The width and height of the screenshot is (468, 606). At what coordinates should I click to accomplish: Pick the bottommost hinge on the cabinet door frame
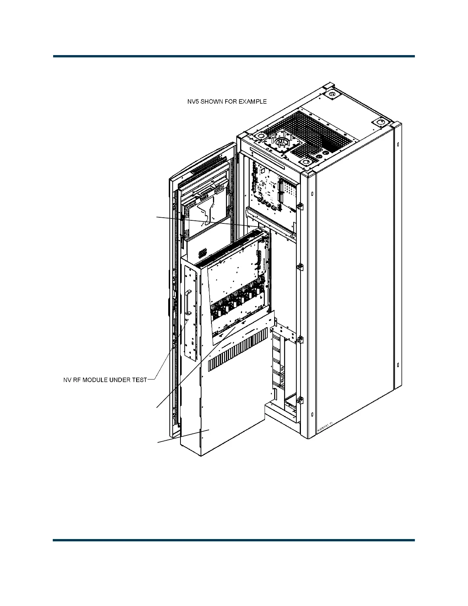(300, 401)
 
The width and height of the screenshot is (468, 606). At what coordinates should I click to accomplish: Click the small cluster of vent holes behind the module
(203, 253)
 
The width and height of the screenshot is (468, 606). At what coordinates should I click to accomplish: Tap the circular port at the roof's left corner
(260, 136)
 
